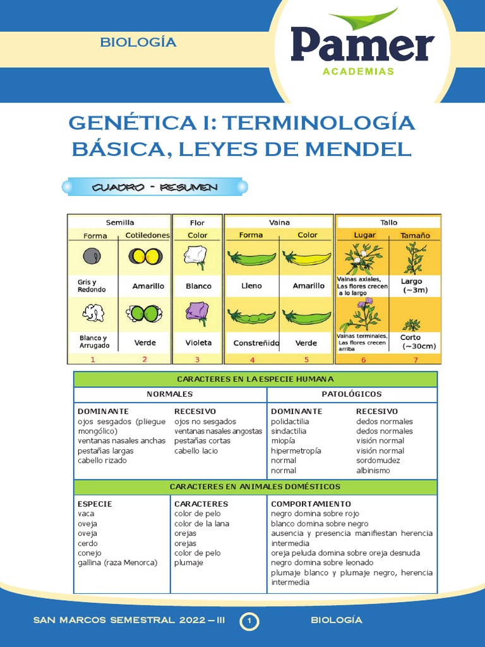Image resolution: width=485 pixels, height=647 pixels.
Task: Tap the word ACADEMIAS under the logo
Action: click(x=358, y=71)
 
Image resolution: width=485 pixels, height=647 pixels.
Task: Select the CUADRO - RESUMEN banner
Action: click(x=155, y=187)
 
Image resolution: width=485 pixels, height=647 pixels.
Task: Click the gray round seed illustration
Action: click(x=92, y=256)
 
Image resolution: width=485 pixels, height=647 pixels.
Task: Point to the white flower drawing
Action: click(x=196, y=257)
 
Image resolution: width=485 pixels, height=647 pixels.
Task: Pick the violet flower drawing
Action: click(x=197, y=313)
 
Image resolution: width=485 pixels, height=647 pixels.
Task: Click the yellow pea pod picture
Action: click(x=306, y=258)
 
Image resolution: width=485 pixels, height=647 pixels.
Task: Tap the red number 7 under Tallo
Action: click(x=416, y=360)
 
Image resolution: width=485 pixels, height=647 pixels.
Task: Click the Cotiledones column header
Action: click(x=148, y=235)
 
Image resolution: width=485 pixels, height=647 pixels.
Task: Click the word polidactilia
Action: click(x=289, y=421)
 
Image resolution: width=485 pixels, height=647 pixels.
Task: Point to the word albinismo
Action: click(x=373, y=471)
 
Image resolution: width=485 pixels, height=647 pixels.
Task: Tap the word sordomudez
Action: click(x=378, y=461)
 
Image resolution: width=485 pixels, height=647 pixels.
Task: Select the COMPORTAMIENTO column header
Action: click(x=311, y=504)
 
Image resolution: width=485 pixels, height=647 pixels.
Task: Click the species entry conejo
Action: click(x=89, y=553)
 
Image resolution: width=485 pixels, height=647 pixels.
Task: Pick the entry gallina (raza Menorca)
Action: click(x=117, y=562)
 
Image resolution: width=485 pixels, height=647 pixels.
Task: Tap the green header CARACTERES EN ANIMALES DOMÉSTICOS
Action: click(x=255, y=487)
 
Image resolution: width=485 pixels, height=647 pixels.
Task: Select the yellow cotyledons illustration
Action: click(x=146, y=256)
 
